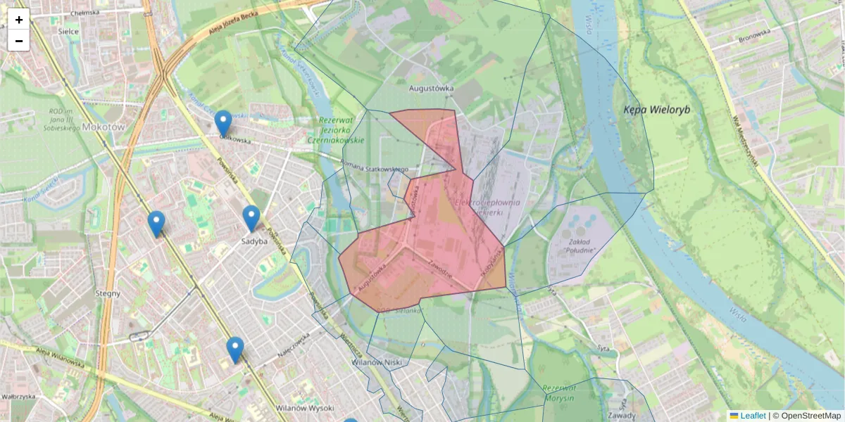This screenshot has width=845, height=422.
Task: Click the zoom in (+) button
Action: (x=19, y=20)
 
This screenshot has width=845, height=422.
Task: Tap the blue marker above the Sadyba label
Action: (x=251, y=218)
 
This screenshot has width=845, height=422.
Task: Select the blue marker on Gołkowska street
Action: (x=223, y=123)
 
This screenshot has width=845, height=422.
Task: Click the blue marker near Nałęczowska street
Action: (x=235, y=350)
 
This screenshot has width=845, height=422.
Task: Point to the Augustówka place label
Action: (x=432, y=89)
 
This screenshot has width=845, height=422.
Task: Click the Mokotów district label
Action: (x=103, y=127)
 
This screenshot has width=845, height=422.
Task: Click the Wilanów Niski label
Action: (x=376, y=363)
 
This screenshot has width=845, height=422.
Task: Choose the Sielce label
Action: (x=68, y=32)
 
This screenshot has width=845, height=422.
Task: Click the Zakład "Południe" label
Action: (x=580, y=246)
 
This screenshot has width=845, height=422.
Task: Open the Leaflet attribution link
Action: (x=753, y=416)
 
